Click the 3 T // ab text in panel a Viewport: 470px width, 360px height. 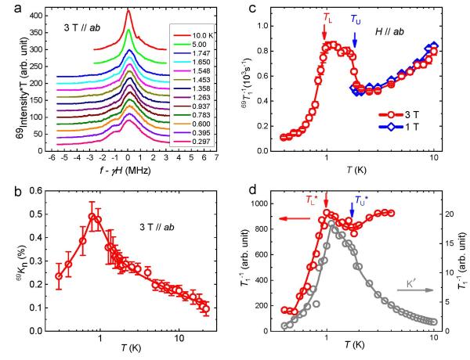(x=85, y=29)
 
